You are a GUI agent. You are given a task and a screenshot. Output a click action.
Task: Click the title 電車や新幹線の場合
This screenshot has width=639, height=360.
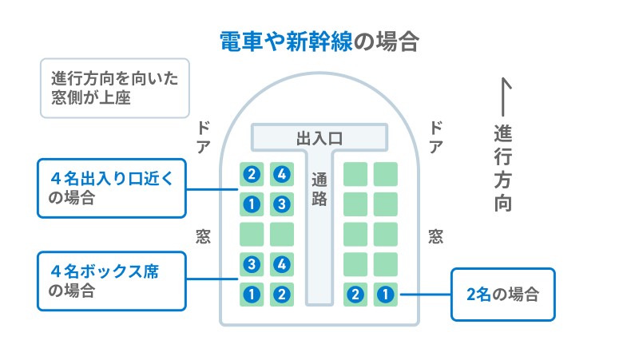[319, 42]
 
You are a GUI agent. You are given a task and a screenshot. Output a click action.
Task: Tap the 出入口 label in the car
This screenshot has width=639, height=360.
[319, 138]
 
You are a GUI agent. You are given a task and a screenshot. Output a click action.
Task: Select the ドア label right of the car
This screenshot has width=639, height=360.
[436, 136]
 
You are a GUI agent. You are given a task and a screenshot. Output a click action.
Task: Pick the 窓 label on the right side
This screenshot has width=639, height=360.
[436, 236]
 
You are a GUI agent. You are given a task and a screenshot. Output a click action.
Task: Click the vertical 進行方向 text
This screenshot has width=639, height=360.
[502, 168]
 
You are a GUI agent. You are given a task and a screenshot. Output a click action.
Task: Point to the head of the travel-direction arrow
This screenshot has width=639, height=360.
[503, 81]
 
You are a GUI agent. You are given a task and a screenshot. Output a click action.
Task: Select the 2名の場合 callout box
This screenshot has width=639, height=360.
[502, 294]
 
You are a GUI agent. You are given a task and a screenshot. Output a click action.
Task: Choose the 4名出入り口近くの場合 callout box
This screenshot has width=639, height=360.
[111, 188]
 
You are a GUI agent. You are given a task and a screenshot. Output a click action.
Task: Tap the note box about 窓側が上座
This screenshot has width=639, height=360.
[114, 88]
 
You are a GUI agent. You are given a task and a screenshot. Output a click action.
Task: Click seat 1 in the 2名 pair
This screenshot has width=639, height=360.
[386, 295]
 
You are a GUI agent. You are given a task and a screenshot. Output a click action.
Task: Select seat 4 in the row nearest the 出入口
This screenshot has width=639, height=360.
[281, 174]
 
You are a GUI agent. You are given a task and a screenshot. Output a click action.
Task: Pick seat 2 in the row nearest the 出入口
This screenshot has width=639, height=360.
[252, 174]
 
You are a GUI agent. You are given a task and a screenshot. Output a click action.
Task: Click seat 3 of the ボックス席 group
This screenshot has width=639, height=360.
[252, 264]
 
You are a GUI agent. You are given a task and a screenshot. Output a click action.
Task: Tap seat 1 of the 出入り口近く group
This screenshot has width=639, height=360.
[252, 204]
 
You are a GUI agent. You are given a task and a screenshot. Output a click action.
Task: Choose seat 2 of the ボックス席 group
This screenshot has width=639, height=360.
[281, 295]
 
